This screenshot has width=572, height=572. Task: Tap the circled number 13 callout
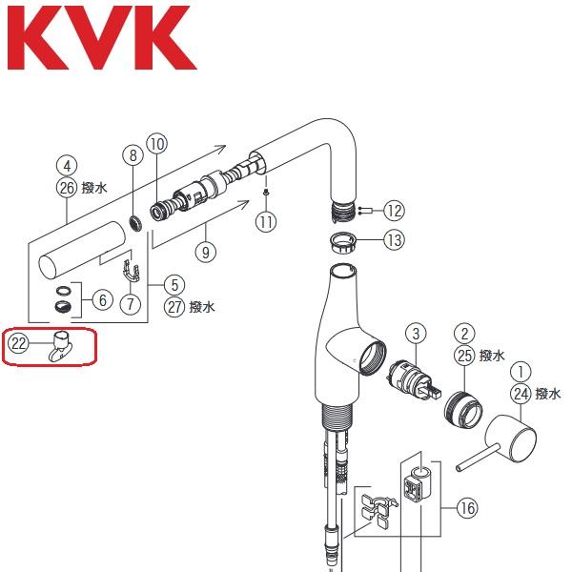pyautogui.click(x=394, y=240)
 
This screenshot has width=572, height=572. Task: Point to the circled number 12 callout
pyautogui.click(x=394, y=210)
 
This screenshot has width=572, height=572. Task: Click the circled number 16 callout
pyautogui.click(x=465, y=509)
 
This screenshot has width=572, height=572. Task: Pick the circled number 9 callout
pyautogui.click(x=206, y=253)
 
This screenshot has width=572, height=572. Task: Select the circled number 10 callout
pyautogui.click(x=157, y=144)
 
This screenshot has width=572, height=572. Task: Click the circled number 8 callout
pyautogui.click(x=133, y=154)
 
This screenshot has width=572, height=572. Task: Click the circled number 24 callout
pyautogui.click(x=520, y=392)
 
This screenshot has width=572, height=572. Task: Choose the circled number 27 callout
pyautogui.click(x=174, y=306)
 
